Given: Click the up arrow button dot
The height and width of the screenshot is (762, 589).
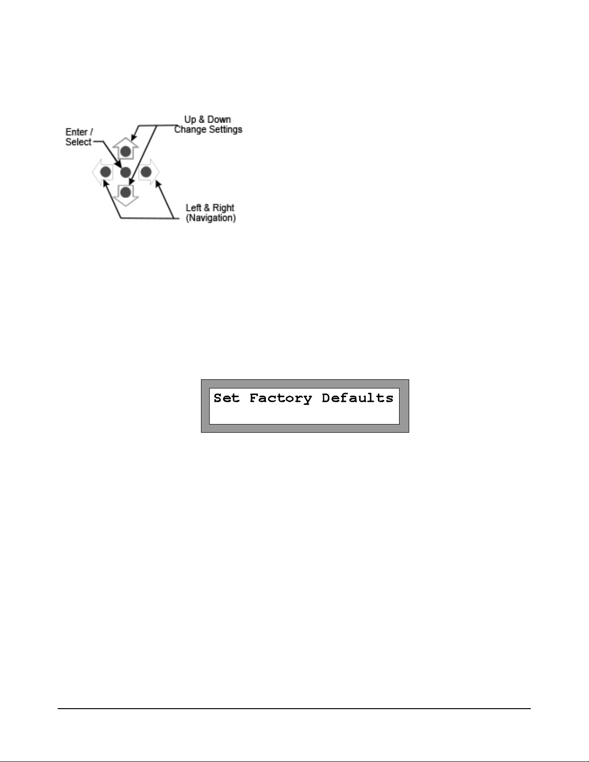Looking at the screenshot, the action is tap(125, 151).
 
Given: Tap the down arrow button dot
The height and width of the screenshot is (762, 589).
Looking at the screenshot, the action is tap(125, 193).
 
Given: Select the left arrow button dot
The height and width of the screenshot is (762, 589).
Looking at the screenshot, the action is tap(106, 172).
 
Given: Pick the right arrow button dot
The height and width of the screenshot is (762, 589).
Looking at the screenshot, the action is tap(146, 172).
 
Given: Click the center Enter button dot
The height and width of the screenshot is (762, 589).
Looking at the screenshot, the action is tap(125, 172).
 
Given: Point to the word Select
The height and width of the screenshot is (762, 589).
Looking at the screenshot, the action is tap(78, 142).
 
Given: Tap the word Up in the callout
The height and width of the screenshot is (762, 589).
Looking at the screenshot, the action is tap(190, 119).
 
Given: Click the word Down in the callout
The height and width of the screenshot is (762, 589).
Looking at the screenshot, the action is tap(219, 119).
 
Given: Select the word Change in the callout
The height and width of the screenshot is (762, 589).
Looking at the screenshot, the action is tap(189, 129).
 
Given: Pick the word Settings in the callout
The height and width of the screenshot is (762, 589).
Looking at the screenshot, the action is tap(224, 129).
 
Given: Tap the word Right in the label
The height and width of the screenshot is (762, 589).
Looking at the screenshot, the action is tap(223, 208).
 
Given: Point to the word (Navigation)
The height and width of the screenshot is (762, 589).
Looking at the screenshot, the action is tap(211, 218).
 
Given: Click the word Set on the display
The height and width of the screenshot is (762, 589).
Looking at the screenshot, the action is tap(226, 398).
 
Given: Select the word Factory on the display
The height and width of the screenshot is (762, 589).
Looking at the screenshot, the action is tap(280, 398).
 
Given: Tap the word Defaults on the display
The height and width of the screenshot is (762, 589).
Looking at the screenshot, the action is tap(357, 398).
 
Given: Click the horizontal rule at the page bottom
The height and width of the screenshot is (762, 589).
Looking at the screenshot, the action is tap(294, 708).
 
